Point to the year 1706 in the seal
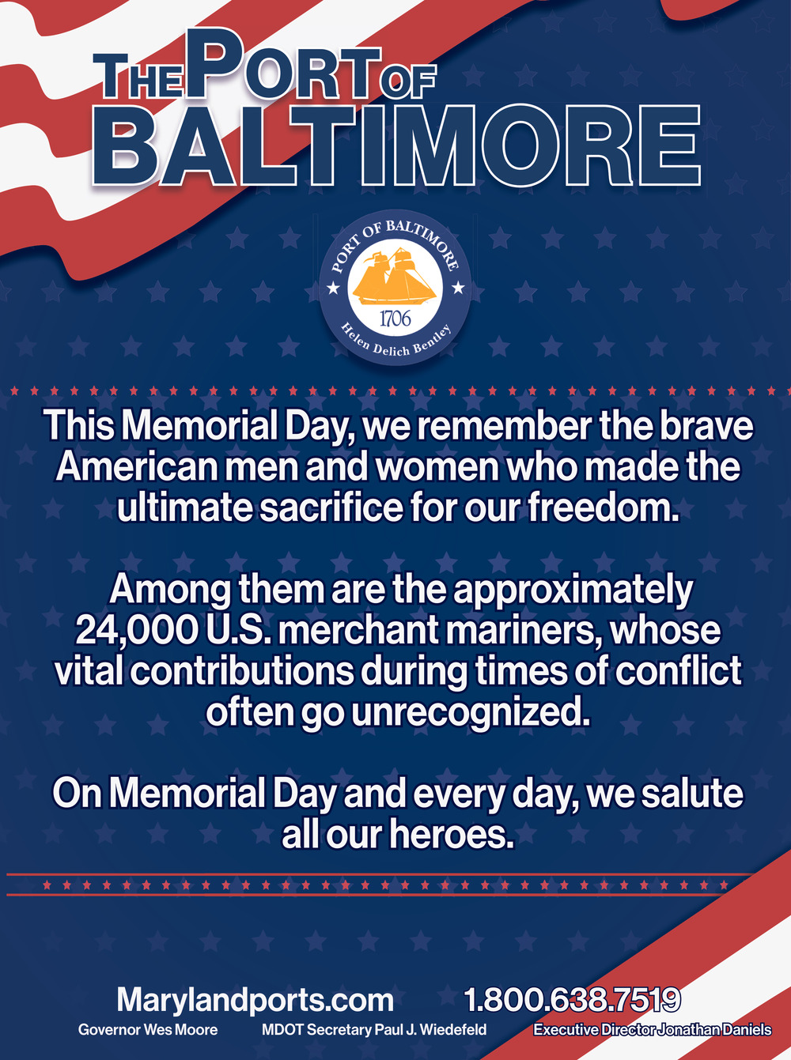395,319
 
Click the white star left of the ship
334,289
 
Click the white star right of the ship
458,289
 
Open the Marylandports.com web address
255,1000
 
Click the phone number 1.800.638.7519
573,1000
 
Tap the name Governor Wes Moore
148,1030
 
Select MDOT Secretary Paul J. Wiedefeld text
374,1030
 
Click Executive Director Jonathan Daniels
653,1030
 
